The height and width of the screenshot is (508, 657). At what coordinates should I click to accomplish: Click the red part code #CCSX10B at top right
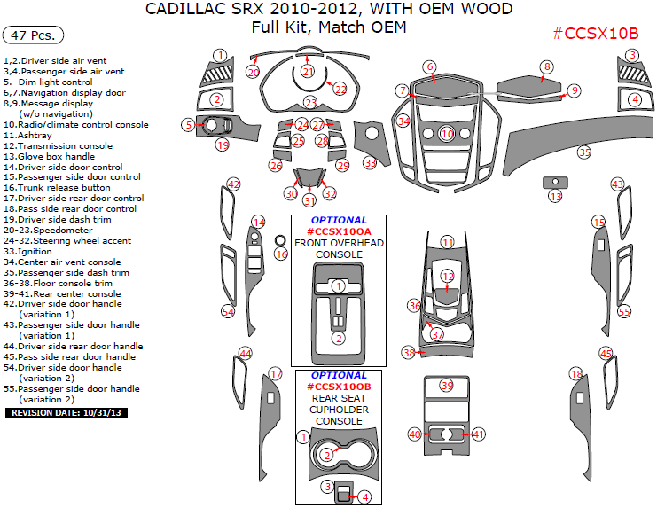595,34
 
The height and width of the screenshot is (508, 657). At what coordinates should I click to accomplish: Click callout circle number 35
583,152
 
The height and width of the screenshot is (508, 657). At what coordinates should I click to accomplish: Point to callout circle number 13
555,196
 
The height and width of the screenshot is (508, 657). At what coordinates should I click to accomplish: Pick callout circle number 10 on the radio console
447,134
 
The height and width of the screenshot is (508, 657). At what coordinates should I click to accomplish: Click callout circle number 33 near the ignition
370,163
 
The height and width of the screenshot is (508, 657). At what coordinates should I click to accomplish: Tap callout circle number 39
447,386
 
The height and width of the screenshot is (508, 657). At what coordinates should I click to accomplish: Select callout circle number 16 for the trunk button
281,254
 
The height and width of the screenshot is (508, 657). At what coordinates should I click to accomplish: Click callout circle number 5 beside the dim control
188,126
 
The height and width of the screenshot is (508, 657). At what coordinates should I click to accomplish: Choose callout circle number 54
228,312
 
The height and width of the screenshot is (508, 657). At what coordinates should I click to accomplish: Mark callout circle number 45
606,354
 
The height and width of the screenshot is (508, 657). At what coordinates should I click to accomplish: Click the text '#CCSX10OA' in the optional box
339,231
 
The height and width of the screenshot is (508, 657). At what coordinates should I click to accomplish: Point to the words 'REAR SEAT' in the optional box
339,398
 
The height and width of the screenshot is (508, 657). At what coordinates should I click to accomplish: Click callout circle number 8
547,67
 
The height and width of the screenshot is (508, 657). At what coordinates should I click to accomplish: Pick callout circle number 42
233,184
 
